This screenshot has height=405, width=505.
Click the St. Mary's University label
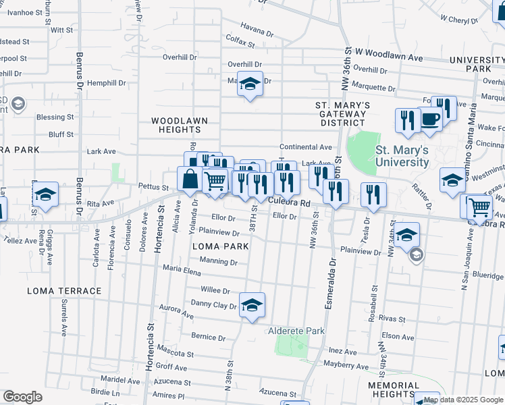point(402,156)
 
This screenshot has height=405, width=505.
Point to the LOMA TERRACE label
point(64,291)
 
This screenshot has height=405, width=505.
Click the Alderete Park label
point(297,331)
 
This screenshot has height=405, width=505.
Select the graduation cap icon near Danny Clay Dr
point(252,305)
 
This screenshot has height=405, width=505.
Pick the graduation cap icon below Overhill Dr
point(250,84)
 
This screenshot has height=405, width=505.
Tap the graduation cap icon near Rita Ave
point(46,194)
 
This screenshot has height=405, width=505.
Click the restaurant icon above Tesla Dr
point(373,195)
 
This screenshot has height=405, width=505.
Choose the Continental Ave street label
point(307,146)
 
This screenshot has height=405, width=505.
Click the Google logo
point(22,396)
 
